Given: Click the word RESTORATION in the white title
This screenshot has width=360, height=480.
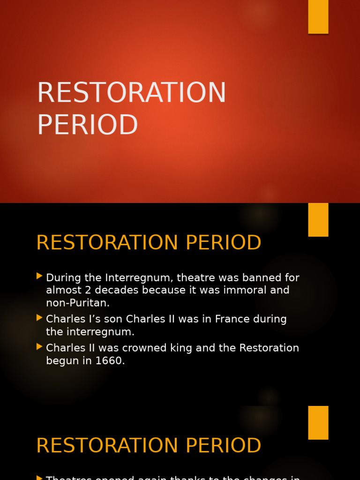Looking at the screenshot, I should click(x=131, y=93).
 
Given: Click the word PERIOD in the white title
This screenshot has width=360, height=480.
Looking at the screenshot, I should click(x=87, y=125).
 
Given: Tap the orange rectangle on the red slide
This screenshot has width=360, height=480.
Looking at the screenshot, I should click(x=318, y=16).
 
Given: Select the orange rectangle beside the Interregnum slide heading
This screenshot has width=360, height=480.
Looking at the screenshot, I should click(x=318, y=219).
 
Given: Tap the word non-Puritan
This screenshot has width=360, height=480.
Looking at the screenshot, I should click(x=77, y=303).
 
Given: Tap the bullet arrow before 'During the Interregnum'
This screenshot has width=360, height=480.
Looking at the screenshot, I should click(x=39, y=276).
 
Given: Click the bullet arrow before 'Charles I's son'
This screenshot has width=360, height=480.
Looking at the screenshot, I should click(x=39, y=318).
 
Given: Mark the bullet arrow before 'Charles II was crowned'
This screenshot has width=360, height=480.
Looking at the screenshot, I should click(x=39, y=347).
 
